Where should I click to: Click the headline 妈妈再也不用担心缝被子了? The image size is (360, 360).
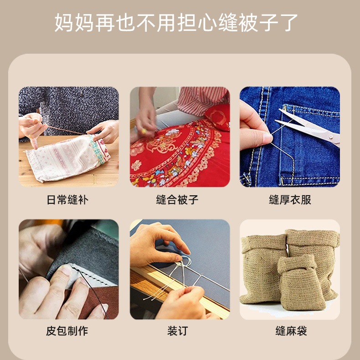[176, 22]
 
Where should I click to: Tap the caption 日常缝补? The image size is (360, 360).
[67, 200]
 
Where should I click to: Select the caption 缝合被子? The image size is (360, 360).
[177, 200]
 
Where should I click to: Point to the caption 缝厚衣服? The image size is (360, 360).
[290, 200]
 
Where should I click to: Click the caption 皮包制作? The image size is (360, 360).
[67, 331]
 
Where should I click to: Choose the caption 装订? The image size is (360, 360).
[177, 331]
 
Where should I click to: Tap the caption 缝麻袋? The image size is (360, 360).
[291, 331]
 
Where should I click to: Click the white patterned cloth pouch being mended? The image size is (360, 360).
[67, 158]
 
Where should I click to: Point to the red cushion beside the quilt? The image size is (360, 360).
[217, 117]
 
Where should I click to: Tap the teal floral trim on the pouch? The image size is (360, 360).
[97, 149]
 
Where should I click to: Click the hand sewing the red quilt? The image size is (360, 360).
[145, 119]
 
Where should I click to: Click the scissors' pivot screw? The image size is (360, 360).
[330, 137]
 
